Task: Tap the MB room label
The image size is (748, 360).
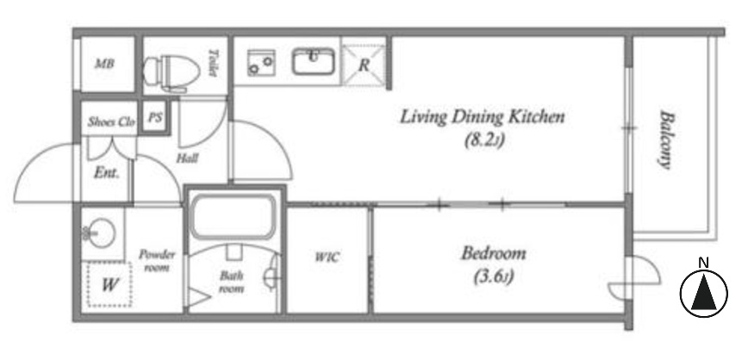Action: click(104, 63)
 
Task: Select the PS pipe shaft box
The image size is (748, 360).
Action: click(154, 117)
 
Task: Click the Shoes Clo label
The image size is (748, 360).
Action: click(111, 122)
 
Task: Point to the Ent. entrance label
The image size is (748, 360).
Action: click(106, 172)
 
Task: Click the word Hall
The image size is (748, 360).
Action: click(187, 158)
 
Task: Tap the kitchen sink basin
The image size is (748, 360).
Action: click(313, 61)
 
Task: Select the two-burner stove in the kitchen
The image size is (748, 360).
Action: click(260, 63)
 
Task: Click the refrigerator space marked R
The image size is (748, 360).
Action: click(364, 65)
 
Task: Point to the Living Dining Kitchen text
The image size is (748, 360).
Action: click(482, 117)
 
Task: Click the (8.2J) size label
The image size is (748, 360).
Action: click(484, 140)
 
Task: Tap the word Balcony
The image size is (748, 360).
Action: click(665, 140)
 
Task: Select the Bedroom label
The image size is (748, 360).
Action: click(493, 253)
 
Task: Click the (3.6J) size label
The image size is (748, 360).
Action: click(493, 276)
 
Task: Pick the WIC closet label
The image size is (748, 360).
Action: click(327, 258)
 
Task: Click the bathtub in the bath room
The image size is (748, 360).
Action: click(233, 217)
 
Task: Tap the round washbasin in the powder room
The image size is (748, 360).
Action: click(101, 233)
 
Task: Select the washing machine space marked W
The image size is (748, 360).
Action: click(109, 285)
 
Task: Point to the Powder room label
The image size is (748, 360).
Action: click(157, 261)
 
